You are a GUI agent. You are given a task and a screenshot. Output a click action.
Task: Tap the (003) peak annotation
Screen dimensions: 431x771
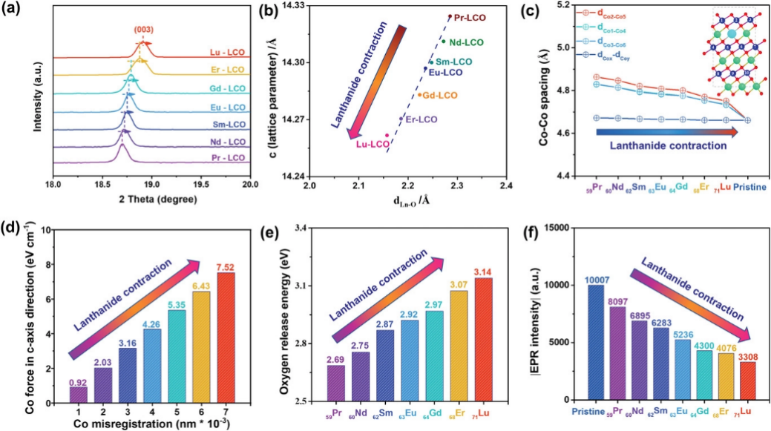[x=144, y=30]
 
